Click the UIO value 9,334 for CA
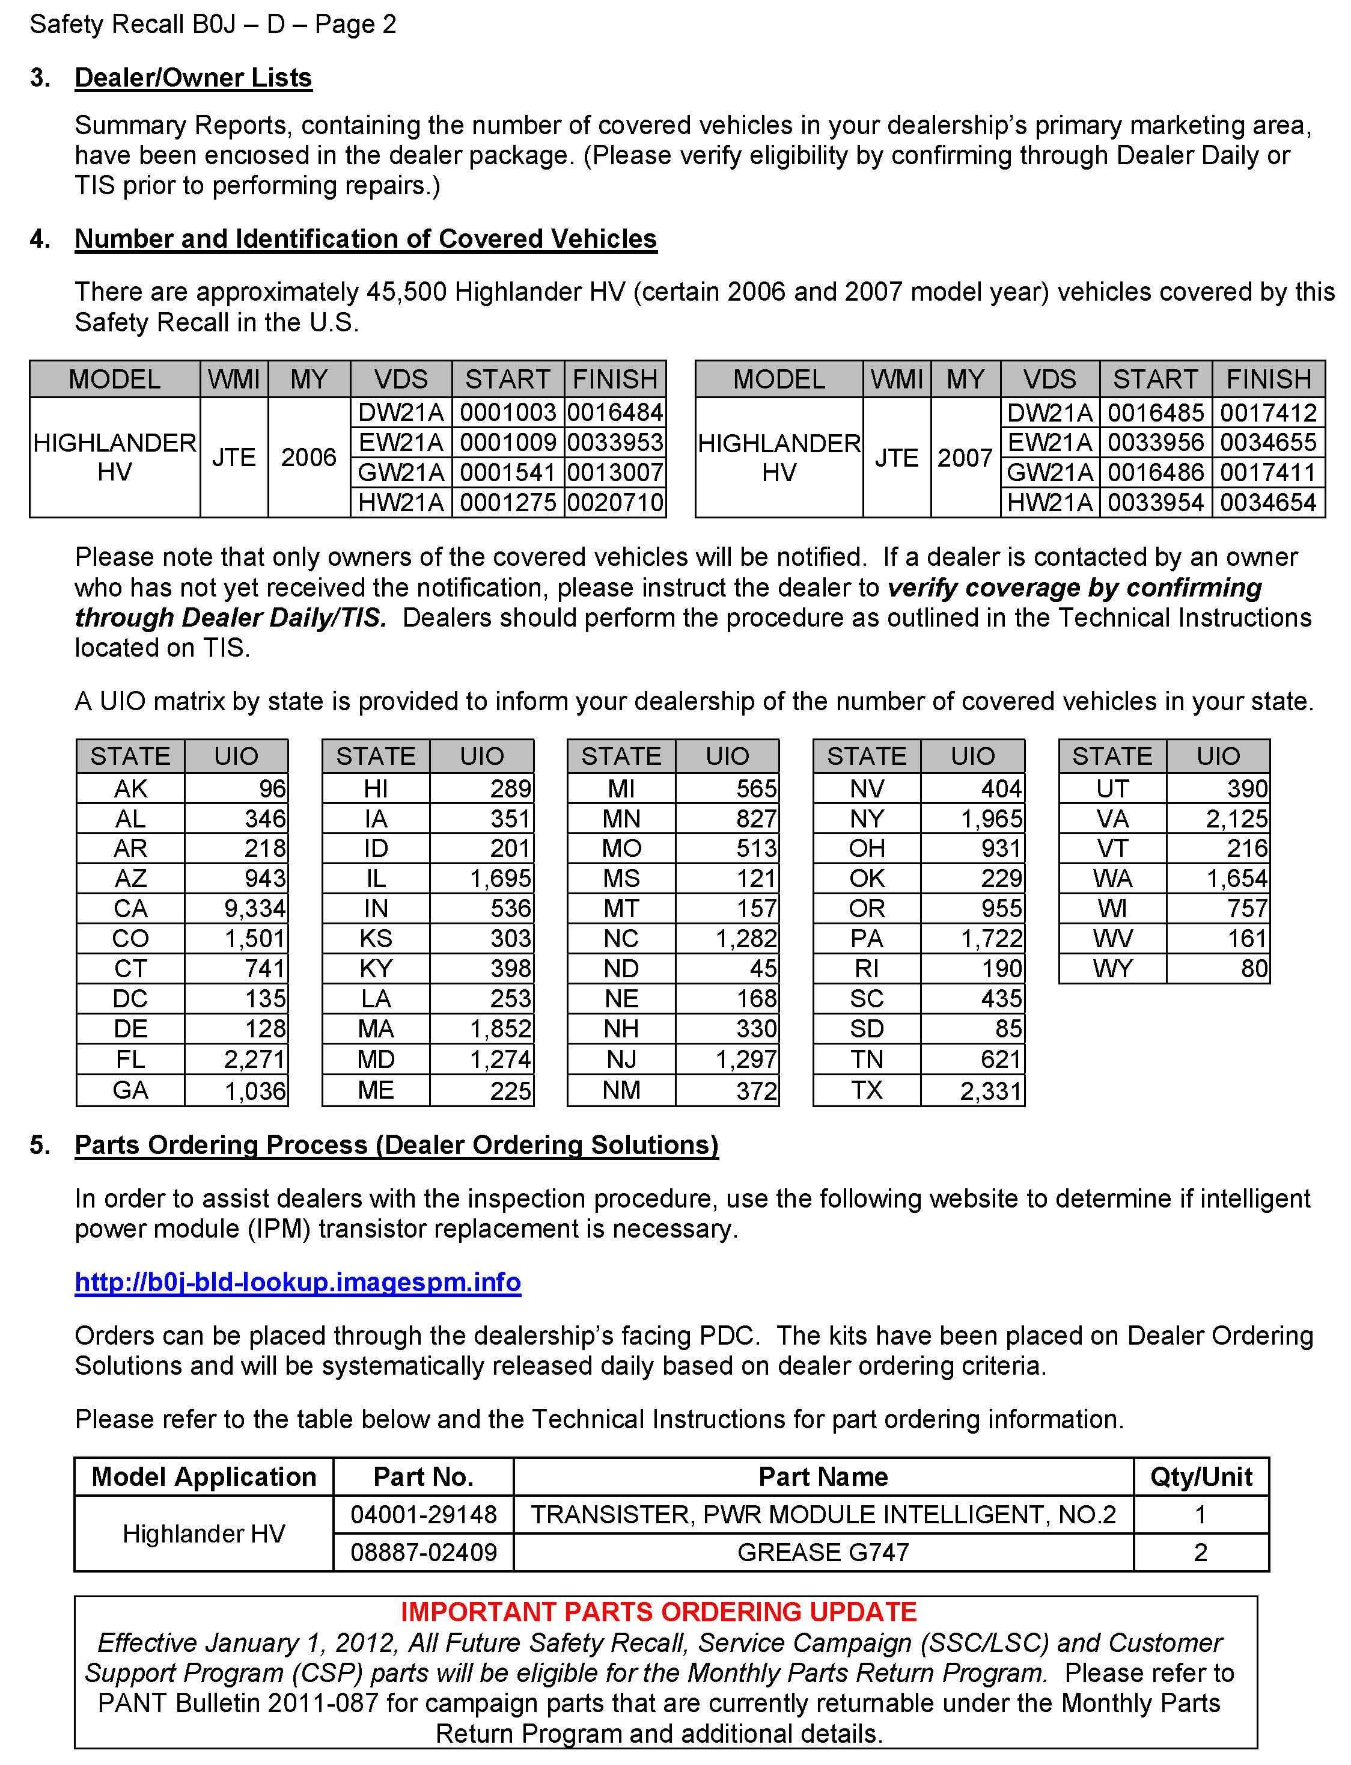[254, 908]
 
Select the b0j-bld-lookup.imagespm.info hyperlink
[297, 1282]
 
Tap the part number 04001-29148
[424, 1514]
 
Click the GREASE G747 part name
[823, 1552]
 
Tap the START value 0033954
[1156, 502]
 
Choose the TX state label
[866, 1090]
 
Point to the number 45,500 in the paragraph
[406, 291]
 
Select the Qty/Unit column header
[1201, 1476]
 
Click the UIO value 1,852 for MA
[500, 1029]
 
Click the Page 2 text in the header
[355, 24]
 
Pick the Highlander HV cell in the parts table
[204, 1533]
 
